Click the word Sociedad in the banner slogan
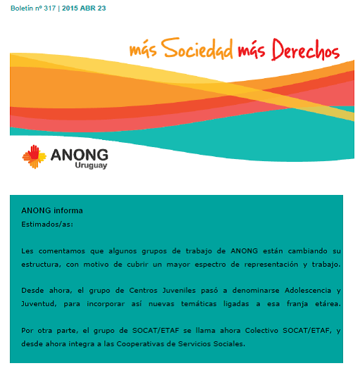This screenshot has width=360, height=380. (x=196, y=49)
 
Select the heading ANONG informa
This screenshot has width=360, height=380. (x=52, y=210)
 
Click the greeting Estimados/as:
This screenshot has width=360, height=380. (x=47, y=224)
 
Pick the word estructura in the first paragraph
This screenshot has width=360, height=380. (x=41, y=264)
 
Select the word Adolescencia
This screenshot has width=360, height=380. (x=302, y=290)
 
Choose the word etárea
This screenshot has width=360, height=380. (x=325, y=303)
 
